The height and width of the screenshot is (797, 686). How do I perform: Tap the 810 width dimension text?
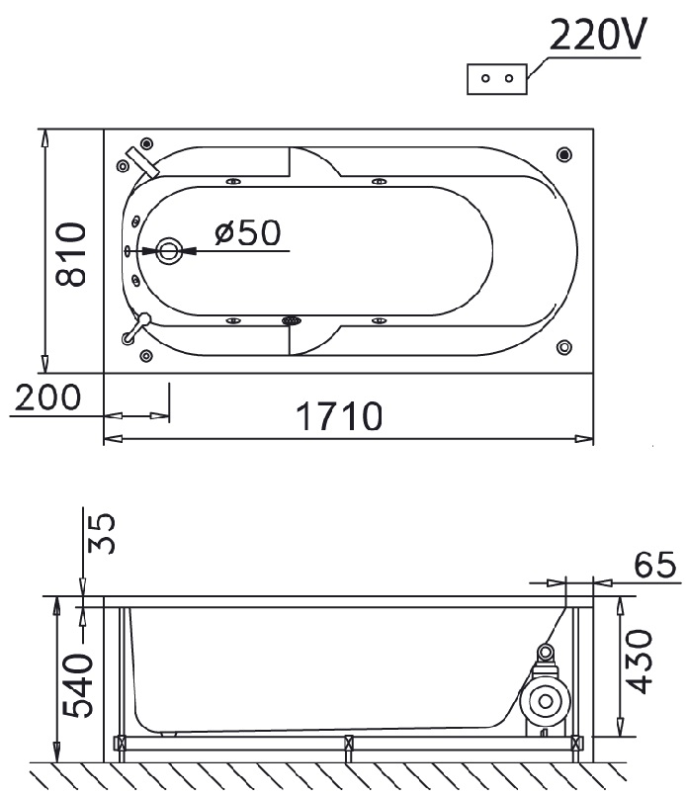[70, 254]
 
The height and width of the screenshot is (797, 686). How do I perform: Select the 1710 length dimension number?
[339, 416]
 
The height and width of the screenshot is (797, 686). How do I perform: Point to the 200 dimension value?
[47, 397]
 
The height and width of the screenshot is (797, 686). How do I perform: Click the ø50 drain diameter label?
[247, 232]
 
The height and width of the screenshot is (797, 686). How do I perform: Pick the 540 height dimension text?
[78, 685]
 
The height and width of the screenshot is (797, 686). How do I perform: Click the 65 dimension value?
[655, 565]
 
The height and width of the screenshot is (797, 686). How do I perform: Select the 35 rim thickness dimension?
[102, 533]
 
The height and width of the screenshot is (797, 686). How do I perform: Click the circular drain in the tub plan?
[169, 250]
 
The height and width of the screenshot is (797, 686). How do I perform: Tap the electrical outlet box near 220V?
[497, 79]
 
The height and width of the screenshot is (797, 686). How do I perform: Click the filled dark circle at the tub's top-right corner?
[564, 154]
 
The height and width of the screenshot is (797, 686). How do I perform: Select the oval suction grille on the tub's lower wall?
[292, 320]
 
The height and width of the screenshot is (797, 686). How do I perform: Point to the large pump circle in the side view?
[546, 701]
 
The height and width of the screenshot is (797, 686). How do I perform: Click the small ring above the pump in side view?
[546, 651]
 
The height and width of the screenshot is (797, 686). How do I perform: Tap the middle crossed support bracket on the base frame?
[349, 744]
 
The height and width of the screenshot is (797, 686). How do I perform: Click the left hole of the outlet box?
[485, 79]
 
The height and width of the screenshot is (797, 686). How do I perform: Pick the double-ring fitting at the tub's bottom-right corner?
[564, 347]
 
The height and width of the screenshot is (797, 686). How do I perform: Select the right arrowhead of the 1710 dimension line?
[584, 439]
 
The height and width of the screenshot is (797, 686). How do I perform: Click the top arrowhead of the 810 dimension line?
[45, 138]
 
